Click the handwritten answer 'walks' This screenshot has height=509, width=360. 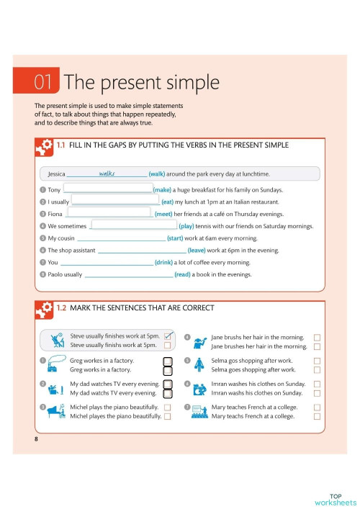[x=107, y=173]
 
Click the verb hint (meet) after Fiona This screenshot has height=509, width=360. [x=163, y=214]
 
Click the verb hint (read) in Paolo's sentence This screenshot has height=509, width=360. [x=182, y=274]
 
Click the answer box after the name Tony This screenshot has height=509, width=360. [x=108, y=189]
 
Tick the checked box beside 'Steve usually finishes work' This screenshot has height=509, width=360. [x=168, y=336]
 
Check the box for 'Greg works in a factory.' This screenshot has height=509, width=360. [x=168, y=370]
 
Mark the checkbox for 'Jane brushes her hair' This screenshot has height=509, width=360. [x=318, y=347]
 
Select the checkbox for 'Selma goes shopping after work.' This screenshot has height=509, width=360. [x=318, y=370]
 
